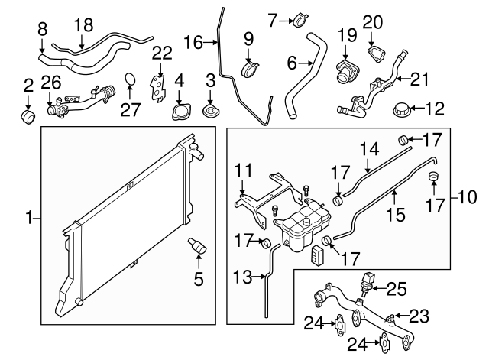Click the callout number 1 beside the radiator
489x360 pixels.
[x=30, y=219]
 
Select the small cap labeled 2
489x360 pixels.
[x=28, y=117]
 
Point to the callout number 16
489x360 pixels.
[x=193, y=43]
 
